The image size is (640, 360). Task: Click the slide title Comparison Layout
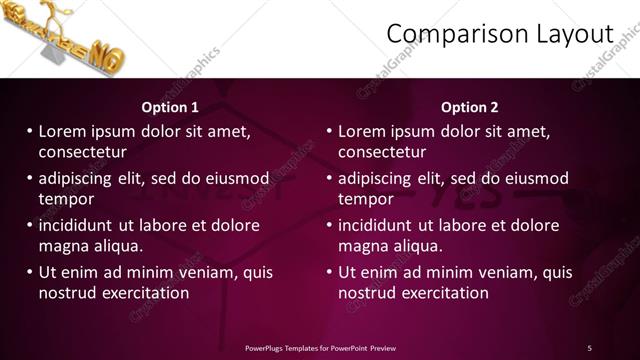(499, 34)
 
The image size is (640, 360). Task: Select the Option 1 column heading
(170, 107)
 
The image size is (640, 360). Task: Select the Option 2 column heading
(469, 107)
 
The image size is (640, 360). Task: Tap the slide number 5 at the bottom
(590, 347)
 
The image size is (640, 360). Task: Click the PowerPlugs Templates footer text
(320, 347)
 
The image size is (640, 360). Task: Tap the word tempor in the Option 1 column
(66, 199)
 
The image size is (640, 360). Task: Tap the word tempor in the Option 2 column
(366, 199)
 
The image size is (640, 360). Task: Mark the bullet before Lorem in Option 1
(30, 131)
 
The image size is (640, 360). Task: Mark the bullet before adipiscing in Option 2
(330, 178)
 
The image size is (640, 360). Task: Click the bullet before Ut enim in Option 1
(30, 272)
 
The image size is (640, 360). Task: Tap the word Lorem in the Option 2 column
(360, 131)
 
